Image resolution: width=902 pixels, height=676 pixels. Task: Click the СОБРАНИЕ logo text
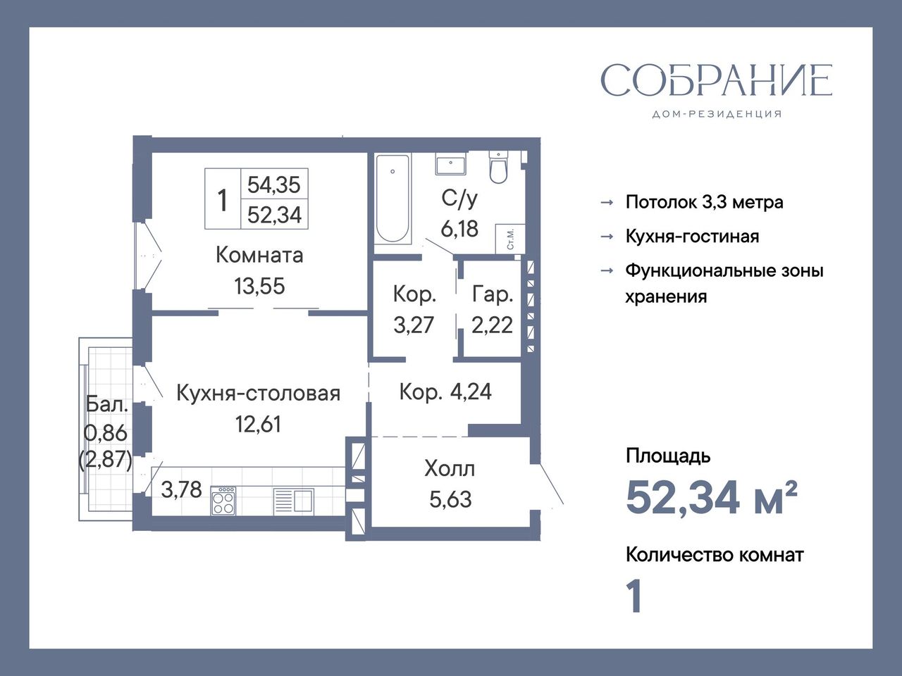(717, 80)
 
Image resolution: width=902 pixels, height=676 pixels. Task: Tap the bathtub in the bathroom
(393, 199)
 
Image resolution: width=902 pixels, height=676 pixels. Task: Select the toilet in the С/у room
(498, 167)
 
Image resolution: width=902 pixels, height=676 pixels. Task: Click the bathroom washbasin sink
(451, 165)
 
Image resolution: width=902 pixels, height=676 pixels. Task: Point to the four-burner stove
(223, 501)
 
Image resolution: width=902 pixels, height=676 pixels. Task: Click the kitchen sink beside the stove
(293, 501)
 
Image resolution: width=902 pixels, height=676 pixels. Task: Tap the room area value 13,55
(259, 286)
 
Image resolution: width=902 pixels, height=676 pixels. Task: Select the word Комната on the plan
(259, 256)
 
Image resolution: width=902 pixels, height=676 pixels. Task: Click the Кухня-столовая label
(258, 393)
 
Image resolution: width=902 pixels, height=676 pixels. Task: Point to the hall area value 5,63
(450, 499)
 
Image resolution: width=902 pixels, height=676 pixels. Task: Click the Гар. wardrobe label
(493, 294)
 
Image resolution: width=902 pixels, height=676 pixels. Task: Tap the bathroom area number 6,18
(459, 229)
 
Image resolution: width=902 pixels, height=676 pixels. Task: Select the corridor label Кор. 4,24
(445, 392)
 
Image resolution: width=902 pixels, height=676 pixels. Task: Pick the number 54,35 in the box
(274, 184)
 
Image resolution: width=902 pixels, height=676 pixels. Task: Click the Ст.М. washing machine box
(510, 239)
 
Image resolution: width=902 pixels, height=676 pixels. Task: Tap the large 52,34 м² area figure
(711, 498)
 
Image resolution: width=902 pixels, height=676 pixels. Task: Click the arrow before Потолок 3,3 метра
(607, 202)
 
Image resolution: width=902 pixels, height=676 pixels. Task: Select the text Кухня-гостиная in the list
(692, 237)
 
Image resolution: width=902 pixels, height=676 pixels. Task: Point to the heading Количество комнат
(715, 556)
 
